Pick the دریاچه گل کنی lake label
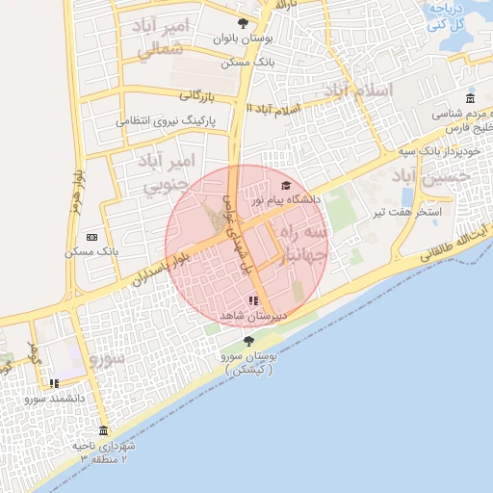[447, 15]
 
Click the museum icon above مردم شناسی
[469, 98]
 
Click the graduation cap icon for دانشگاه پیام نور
[285, 185]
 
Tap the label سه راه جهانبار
[305, 245]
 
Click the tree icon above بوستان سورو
[249, 341]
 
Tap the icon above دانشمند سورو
[55, 383]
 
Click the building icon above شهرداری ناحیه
[103, 430]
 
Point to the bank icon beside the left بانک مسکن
[91, 237]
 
